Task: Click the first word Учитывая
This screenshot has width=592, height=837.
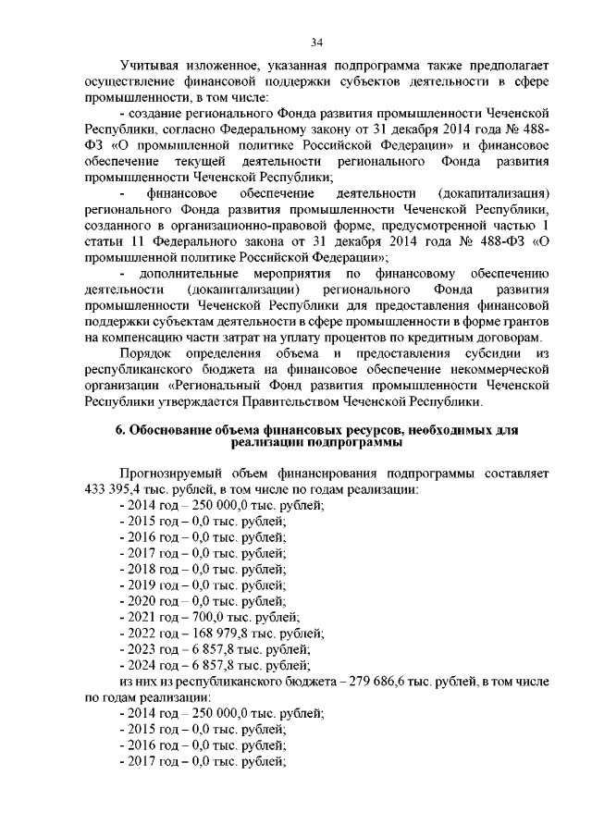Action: [x=151, y=67]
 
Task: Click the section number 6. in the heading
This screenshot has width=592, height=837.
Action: [x=120, y=431]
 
